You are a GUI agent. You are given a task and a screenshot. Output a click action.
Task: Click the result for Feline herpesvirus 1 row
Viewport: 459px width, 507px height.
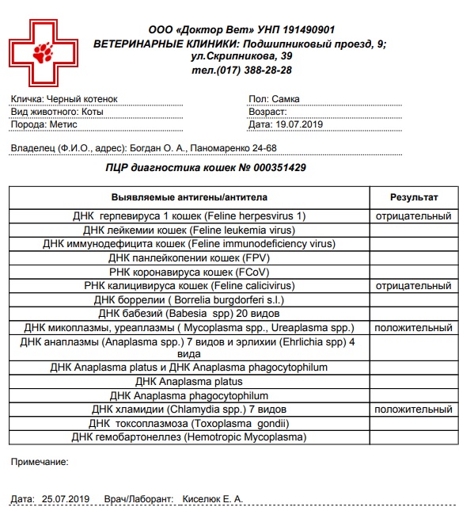(x=413, y=216)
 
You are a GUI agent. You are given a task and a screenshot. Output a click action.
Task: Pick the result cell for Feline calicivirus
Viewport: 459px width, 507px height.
(x=413, y=285)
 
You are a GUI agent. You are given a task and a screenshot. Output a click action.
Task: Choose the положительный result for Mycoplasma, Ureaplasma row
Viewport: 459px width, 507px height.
(x=413, y=327)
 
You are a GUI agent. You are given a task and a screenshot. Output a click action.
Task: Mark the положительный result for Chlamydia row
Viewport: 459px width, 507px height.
(x=413, y=410)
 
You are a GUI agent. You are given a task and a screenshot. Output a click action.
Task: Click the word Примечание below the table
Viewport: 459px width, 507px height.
(x=40, y=460)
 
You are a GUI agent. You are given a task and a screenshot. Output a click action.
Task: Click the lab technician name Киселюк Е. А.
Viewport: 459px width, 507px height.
(x=213, y=499)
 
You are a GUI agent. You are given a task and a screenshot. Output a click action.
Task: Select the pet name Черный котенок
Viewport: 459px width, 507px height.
(x=82, y=99)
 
